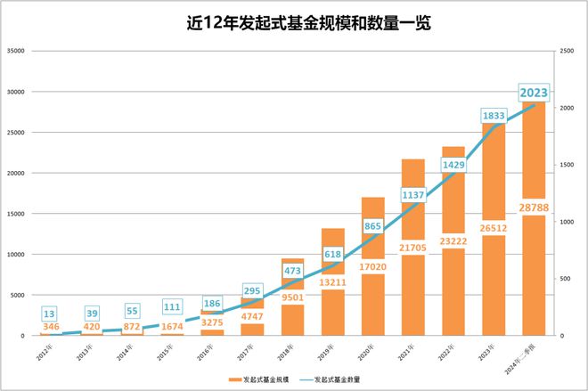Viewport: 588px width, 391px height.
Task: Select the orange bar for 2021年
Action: pyautogui.click(x=412, y=285)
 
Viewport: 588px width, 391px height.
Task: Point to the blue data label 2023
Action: pyautogui.click(x=534, y=92)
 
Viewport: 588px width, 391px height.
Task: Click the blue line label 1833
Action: pyautogui.click(x=494, y=116)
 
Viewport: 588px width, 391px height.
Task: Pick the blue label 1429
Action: pyautogui.click(x=453, y=166)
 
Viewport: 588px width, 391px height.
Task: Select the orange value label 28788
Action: pyautogui.click(x=534, y=208)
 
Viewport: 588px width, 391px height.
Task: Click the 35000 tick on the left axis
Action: pyautogui.click(x=15, y=51)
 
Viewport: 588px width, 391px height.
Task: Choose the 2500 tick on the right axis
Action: pyautogui.click(x=567, y=51)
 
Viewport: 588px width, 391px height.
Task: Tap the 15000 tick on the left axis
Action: pyautogui.click(x=15, y=214)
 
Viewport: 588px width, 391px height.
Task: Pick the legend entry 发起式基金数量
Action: pyautogui.click(x=342, y=379)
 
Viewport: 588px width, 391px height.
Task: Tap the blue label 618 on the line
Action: pyautogui.click(x=332, y=254)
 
